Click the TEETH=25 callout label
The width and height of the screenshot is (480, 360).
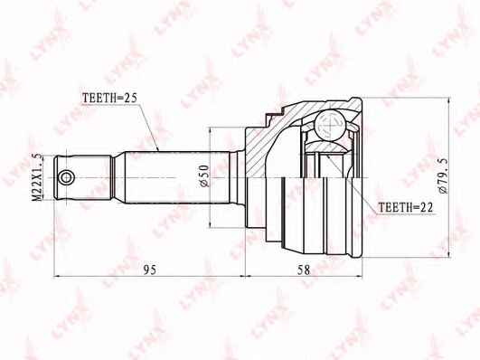[110, 98]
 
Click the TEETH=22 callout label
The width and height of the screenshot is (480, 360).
[406, 208]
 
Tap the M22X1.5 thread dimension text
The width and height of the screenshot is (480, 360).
[37, 177]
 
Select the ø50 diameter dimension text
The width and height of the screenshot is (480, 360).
[203, 175]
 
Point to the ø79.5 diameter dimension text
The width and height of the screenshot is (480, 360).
[443, 175]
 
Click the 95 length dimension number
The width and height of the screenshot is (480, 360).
[150, 270]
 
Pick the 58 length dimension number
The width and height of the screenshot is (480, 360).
[304, 270]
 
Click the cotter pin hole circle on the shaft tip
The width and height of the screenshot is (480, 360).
[66, 177]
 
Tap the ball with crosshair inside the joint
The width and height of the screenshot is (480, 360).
[330, 125]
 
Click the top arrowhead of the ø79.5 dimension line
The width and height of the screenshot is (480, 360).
[448, 101]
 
